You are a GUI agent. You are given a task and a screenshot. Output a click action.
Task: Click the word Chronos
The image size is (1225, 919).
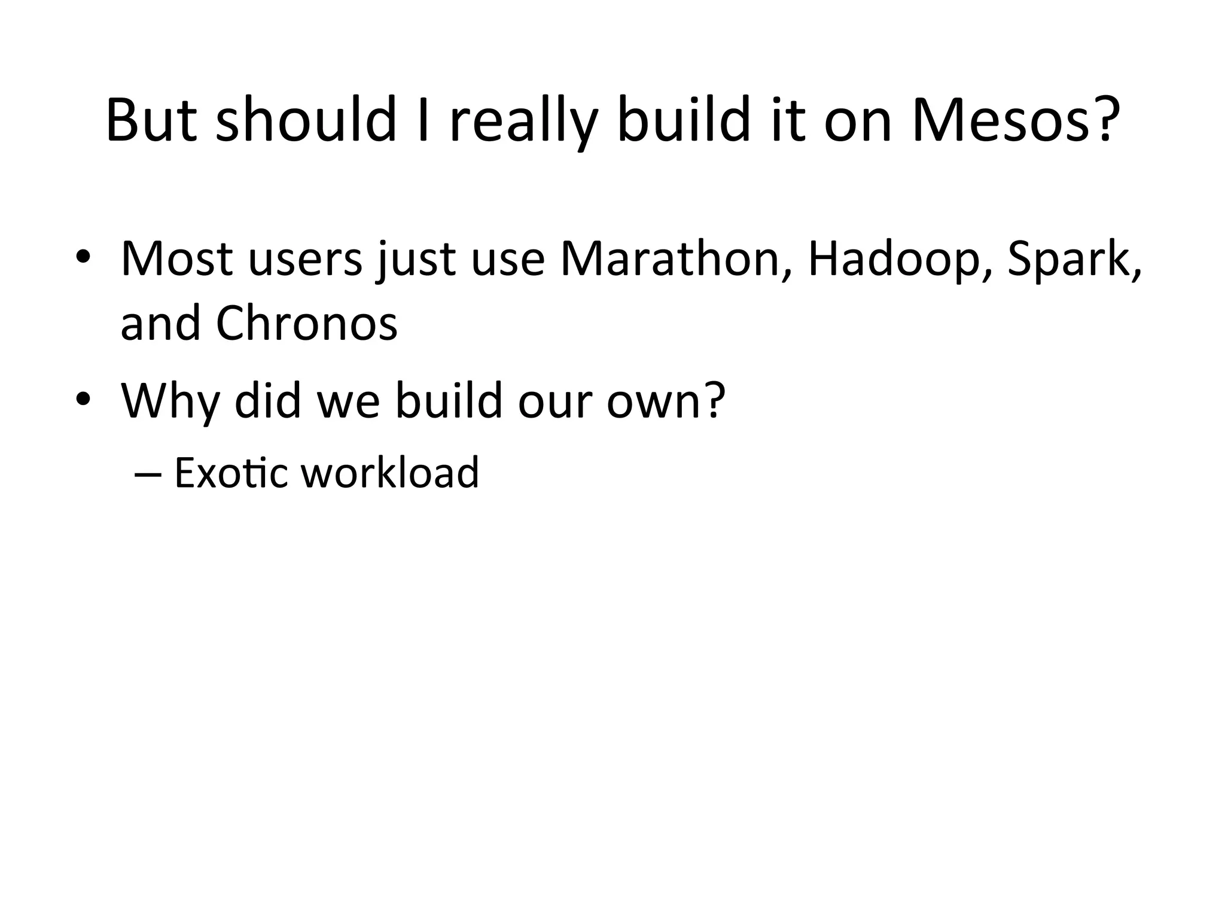(306, 324)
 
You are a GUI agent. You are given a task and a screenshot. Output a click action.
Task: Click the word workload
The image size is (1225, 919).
(389, 473)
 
